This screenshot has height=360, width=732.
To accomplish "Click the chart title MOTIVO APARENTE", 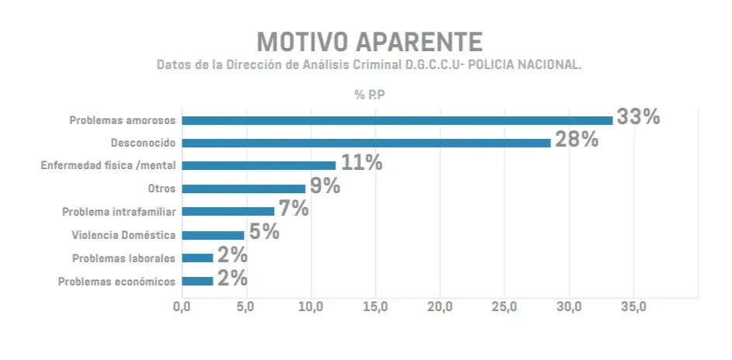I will click(369, 41).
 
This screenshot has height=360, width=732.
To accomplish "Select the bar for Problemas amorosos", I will click(397, 120).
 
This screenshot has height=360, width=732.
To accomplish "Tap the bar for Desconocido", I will click(366, 143).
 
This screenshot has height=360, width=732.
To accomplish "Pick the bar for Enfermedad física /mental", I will click(258, 165).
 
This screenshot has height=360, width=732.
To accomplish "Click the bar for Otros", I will click(244, 189).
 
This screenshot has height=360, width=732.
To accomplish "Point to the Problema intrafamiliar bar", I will click(228, 211).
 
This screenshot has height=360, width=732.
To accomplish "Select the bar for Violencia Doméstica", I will click(213, 234).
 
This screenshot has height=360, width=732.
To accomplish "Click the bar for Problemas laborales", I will click(197, 258).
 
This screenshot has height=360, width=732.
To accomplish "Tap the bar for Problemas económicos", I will click(197, 281).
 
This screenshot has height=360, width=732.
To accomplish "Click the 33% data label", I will click(638, 117).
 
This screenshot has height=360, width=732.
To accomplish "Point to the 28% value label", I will click(576, 140).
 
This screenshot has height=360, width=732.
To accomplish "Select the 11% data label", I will click(361, 163).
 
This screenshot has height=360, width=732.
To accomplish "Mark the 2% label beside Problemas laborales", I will click(232, 255).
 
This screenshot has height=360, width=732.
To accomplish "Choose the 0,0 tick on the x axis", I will click(182, 307).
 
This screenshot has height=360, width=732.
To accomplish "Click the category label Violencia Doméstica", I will click(123, 235).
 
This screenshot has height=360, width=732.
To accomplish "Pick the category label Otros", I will click(161, 189).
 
